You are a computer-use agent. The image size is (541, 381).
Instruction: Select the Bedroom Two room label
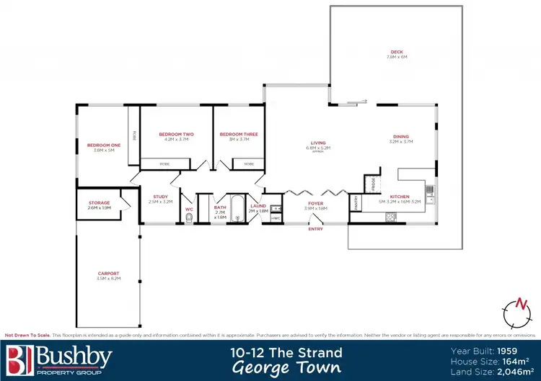pyautogui.click(x=177, y=135)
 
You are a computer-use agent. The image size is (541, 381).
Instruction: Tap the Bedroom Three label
pyautogui.click(x=239, y=135)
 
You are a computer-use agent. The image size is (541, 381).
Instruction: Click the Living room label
pyautogui.click(x=319, y=143)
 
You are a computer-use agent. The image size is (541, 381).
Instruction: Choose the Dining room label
pyautogui.click(x=400, y=137)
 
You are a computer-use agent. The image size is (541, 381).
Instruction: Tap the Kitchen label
pyautogui.click(x=400, y=197)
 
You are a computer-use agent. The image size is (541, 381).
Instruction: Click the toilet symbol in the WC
pyautogui.click(x=189, y=221)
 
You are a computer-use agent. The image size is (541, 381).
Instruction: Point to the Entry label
pyautogui.click(x=315, y=229)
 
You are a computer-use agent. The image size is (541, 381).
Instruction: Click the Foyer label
pyautogui.click(x=316, y=204)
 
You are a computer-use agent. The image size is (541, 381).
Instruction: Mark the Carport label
pyautogui.click(x=109, y=274)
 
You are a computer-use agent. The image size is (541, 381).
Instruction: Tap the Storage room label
pyautogui.click(x=99, y=203)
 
